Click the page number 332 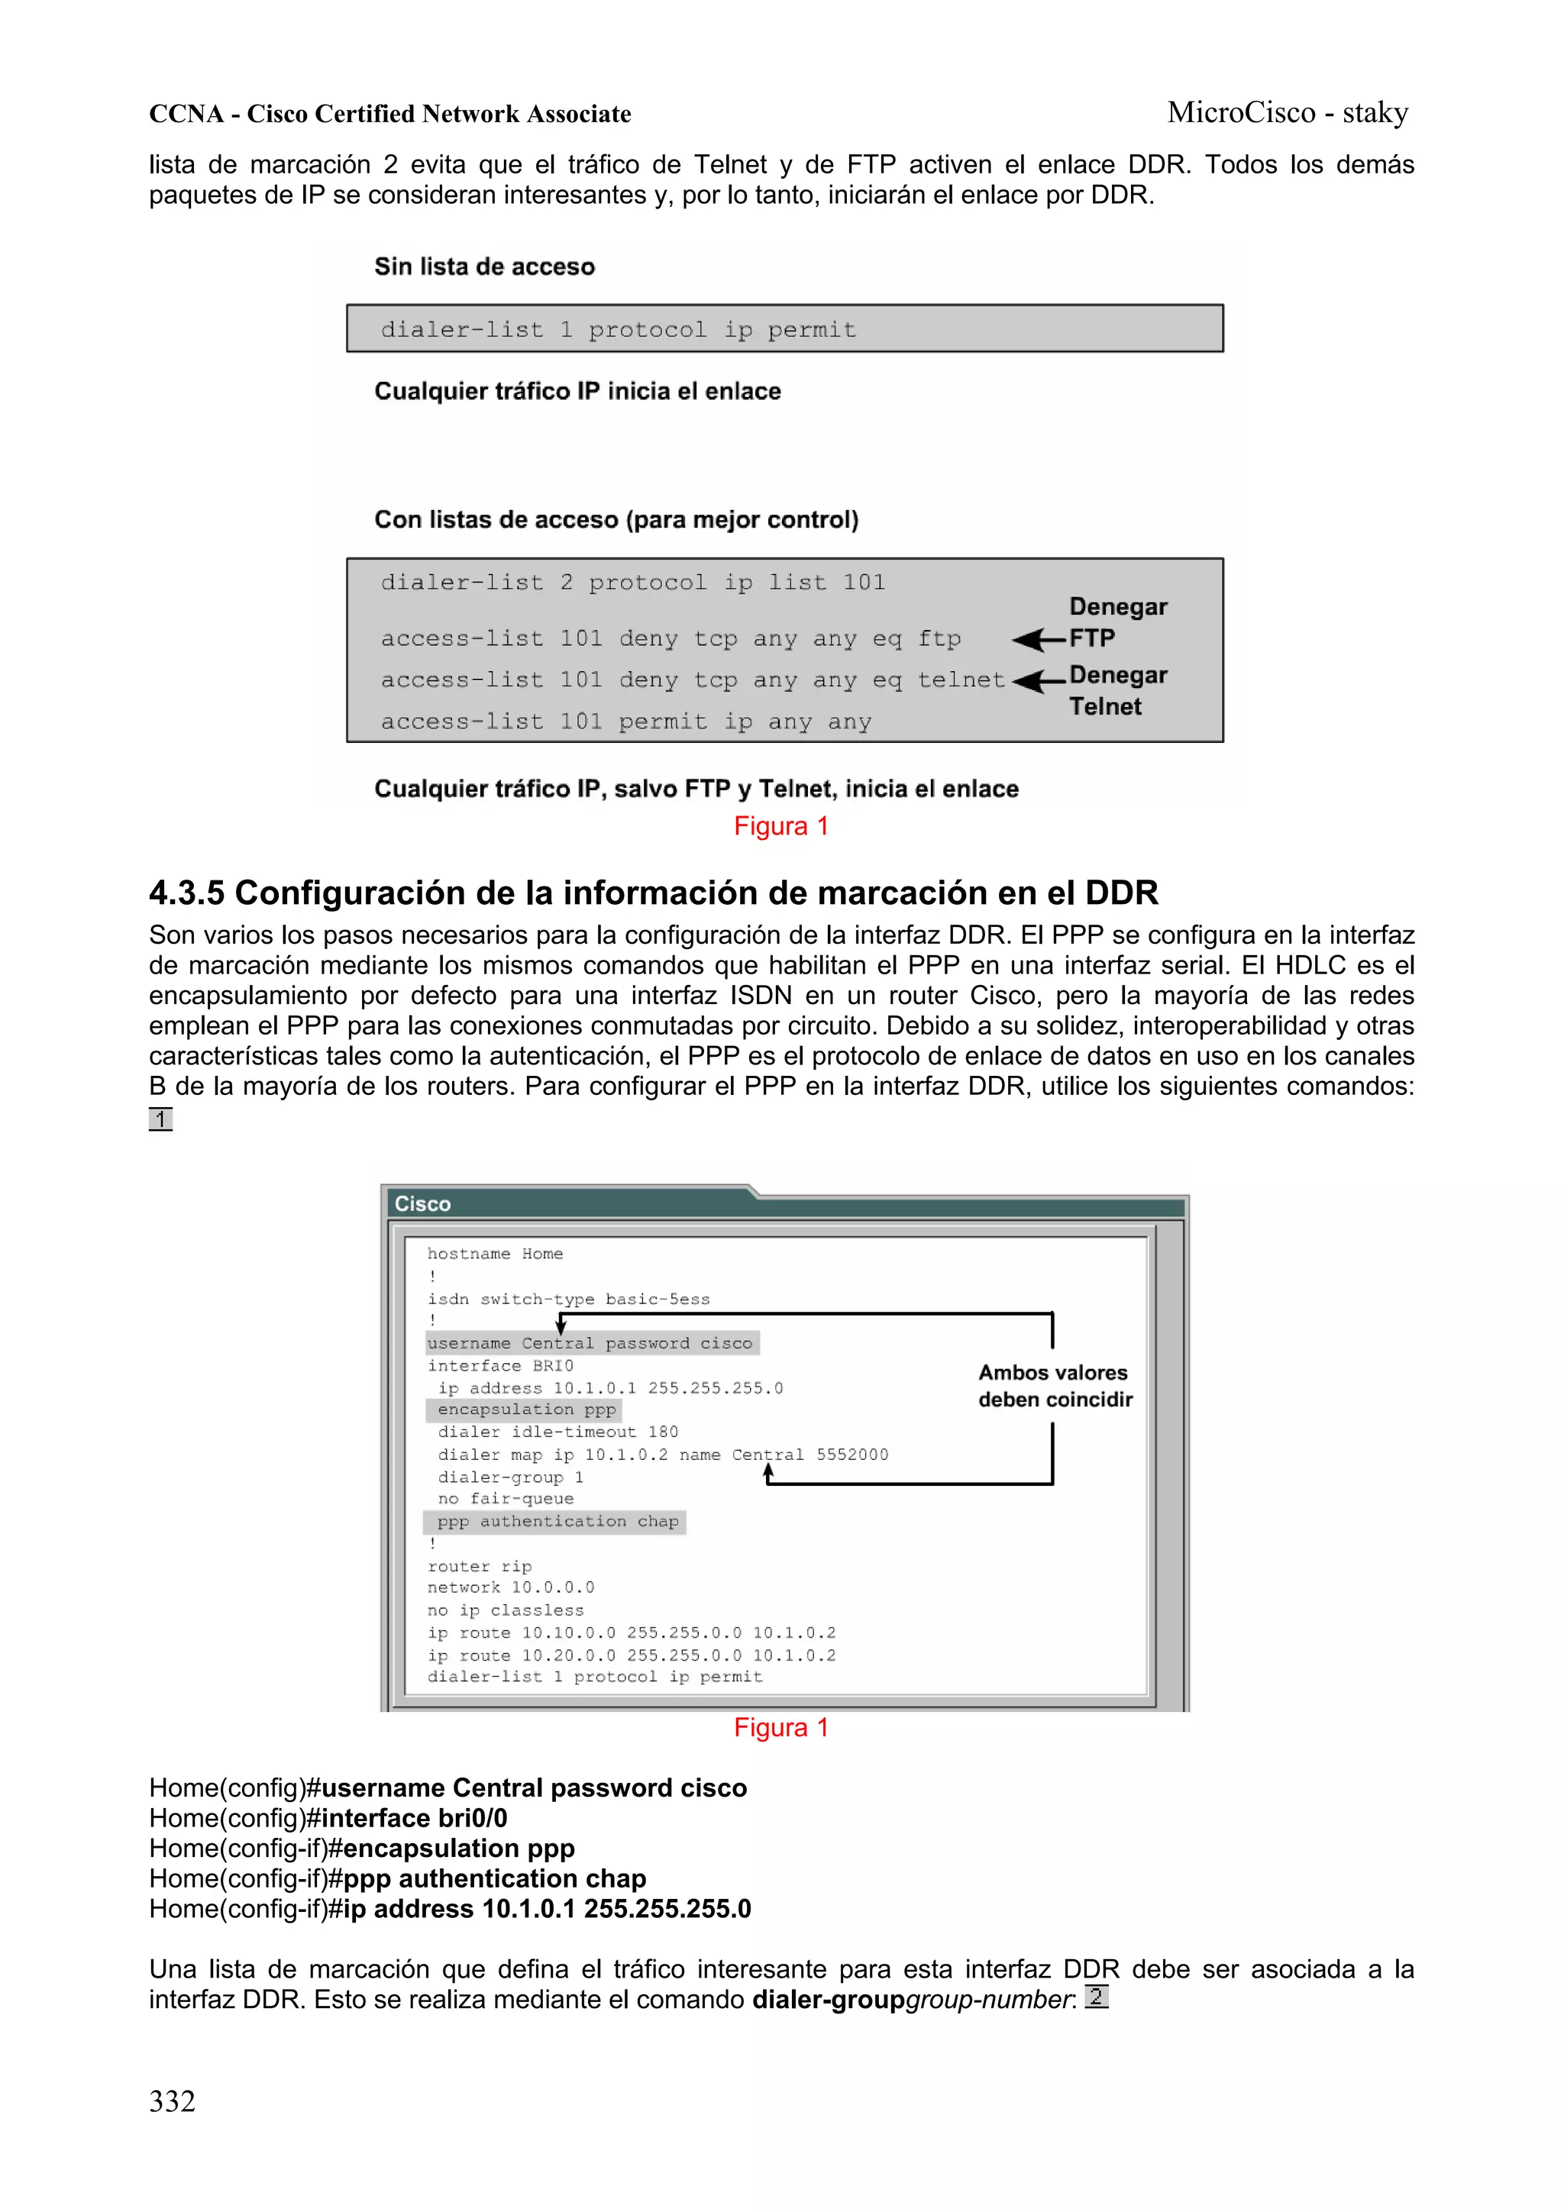173,2101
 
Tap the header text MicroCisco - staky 1287,113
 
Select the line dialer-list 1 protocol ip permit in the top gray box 618,330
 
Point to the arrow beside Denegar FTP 1038,639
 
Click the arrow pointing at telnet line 1038,681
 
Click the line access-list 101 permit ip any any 625,722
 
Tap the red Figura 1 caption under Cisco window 780,1727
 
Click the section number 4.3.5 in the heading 187,893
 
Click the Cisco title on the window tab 422,1203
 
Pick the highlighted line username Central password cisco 590,1343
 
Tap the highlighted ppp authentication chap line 557,1521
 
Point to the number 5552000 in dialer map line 851,1455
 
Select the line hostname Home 494,1254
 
